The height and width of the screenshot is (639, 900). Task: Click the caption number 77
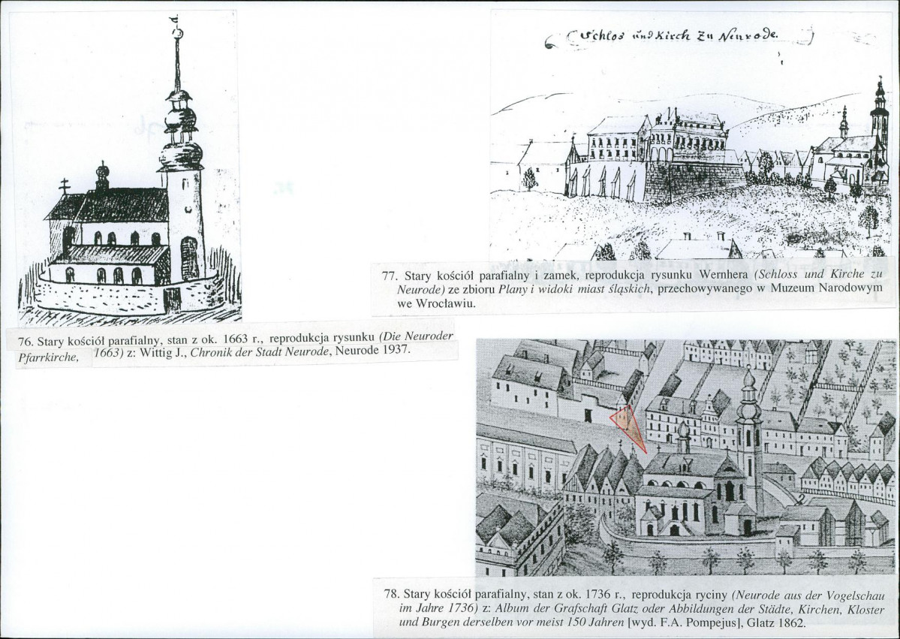[x=390, y=275]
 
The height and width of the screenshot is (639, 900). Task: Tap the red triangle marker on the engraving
[x=628, y=426]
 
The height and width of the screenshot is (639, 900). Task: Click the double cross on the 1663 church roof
[x=65, y=186]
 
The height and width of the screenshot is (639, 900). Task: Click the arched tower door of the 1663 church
[x=189, y=258]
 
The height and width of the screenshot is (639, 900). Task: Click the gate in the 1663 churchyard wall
[x=172, y=300]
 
